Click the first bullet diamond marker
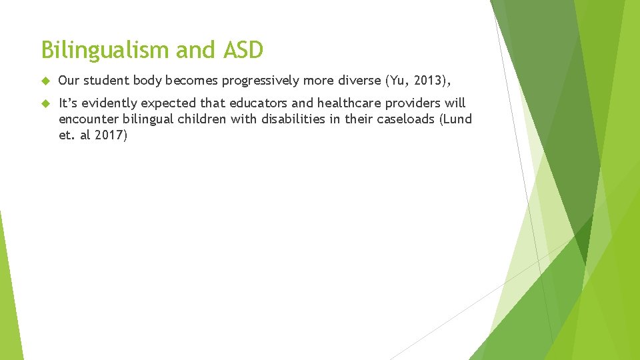click(45, 81)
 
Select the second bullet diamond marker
click(45, 103)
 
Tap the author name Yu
click(393, 81)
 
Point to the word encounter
click(86, 119)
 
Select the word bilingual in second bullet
click(143, 119)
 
